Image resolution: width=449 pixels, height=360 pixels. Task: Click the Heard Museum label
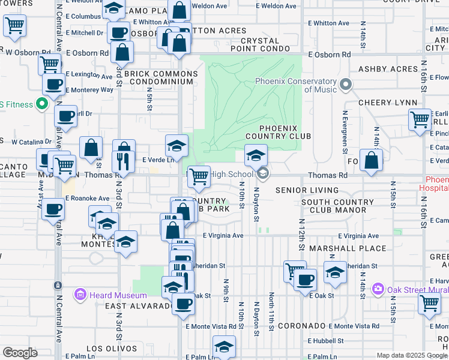coord(118,295)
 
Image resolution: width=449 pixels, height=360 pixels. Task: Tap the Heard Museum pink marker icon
coord(80,295)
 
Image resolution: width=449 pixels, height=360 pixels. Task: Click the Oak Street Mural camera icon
coord(378,289)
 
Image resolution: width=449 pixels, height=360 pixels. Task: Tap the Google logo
coord(20,353)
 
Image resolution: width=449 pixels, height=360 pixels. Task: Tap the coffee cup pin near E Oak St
coord(304,279)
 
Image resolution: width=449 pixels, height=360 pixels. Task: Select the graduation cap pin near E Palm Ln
coord(224,346)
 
